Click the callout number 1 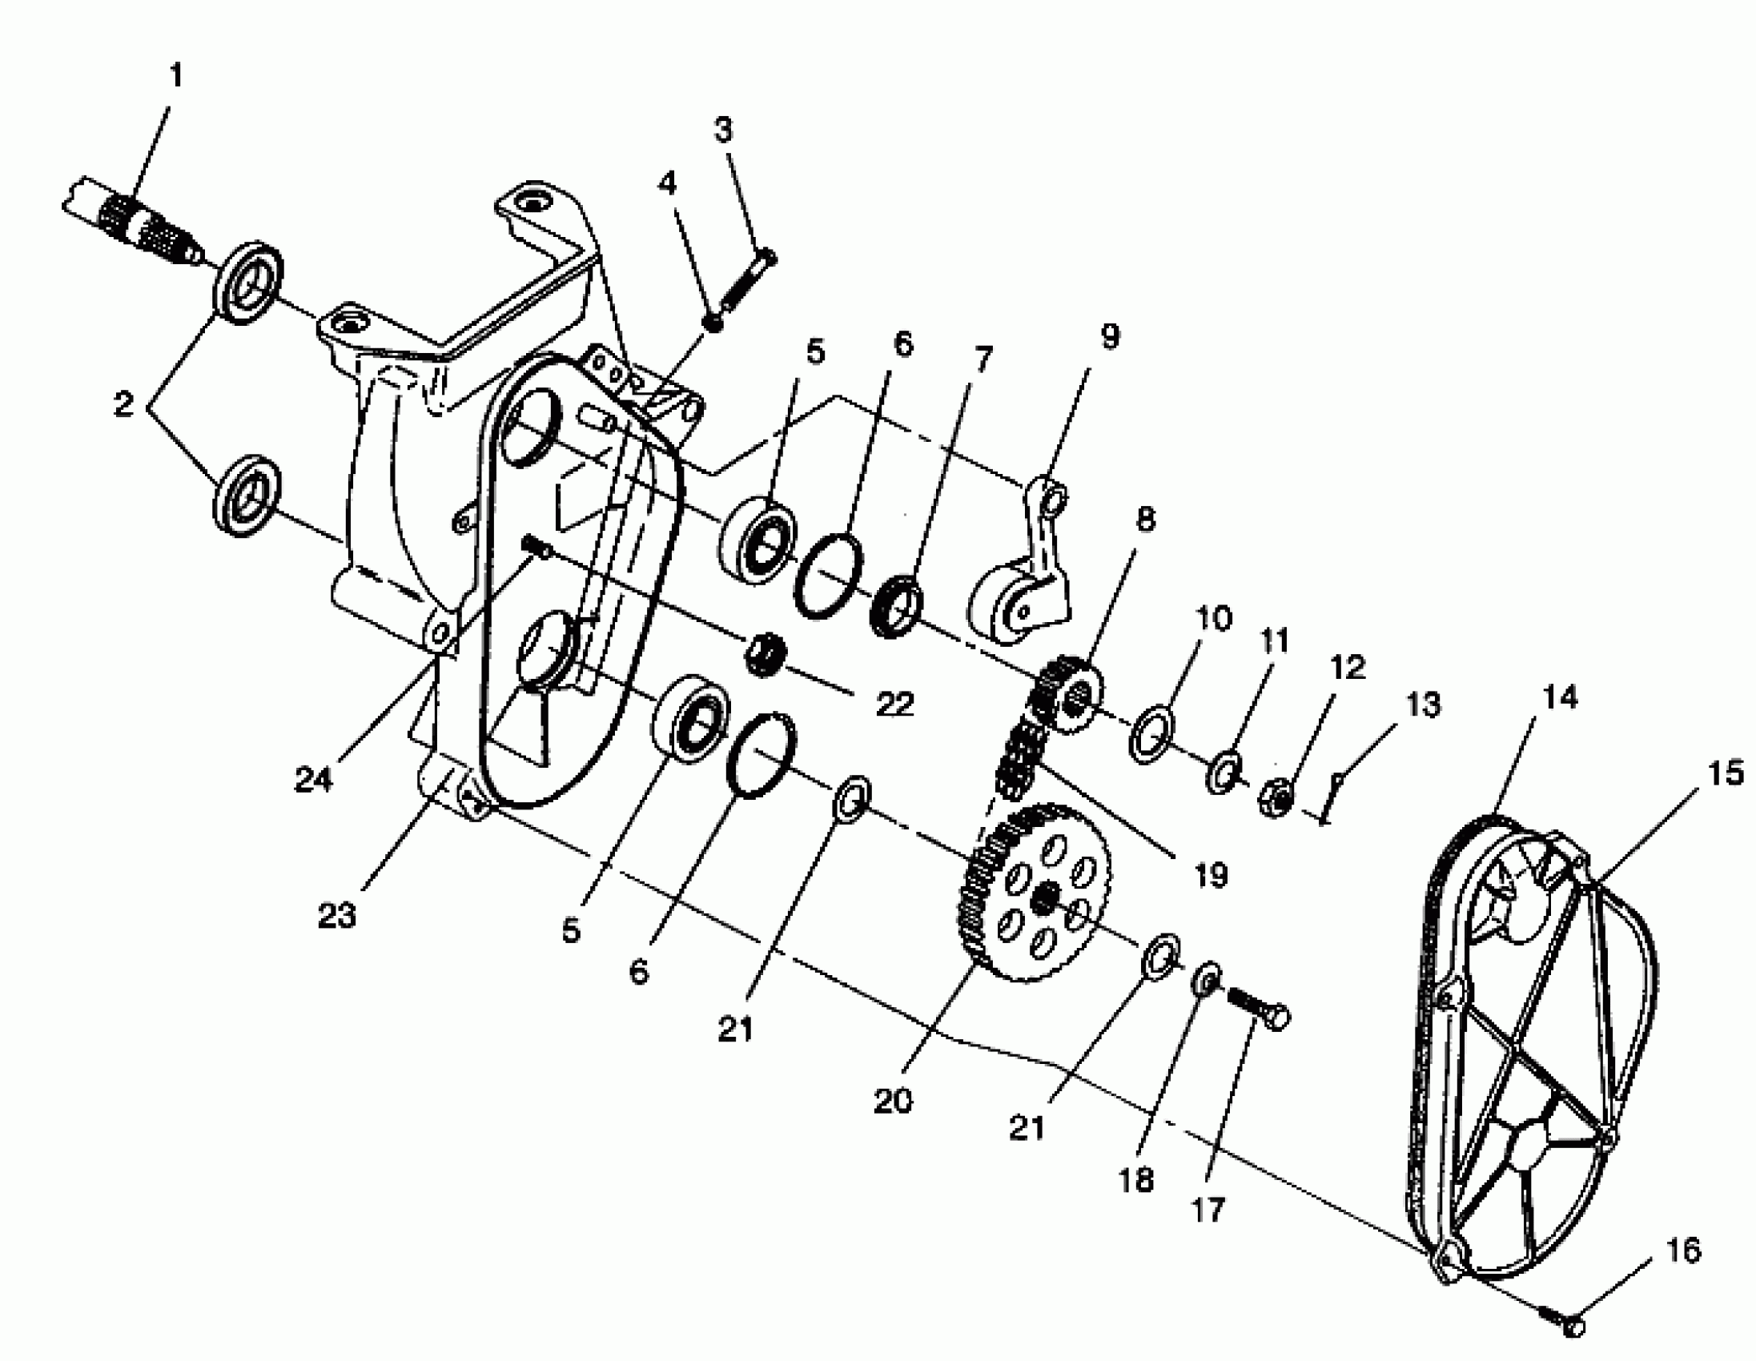[176, 75]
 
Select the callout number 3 [724, 130]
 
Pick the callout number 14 [1561, 697]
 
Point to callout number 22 [894, 704]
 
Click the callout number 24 [313, 779]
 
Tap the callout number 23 [336, 915]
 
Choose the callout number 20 [893, 1101]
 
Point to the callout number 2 [123, 404]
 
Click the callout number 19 [1211, 874]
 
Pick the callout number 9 [1110, 336]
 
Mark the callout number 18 [1136, 1181]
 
